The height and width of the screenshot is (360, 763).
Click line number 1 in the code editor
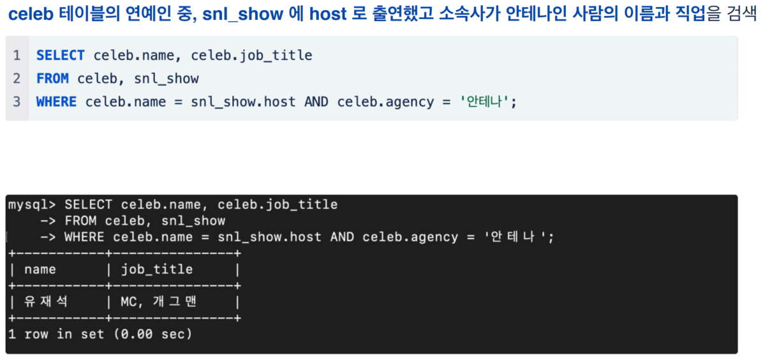pos(17,56)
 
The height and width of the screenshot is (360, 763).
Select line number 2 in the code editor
pos(17,79)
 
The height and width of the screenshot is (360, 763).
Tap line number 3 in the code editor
pos(17,101)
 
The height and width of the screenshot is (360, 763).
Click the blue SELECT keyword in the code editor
pos(61,56)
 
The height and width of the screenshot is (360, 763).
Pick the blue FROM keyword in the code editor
pos(52,79)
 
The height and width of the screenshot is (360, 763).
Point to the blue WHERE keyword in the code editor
pos(56,101)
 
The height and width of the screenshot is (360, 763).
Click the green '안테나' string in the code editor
pos(486,101)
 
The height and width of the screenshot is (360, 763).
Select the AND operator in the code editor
pos(316,101)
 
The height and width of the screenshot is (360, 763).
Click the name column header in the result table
pos(40,269)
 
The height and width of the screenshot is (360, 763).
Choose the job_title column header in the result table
pos(157,269)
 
